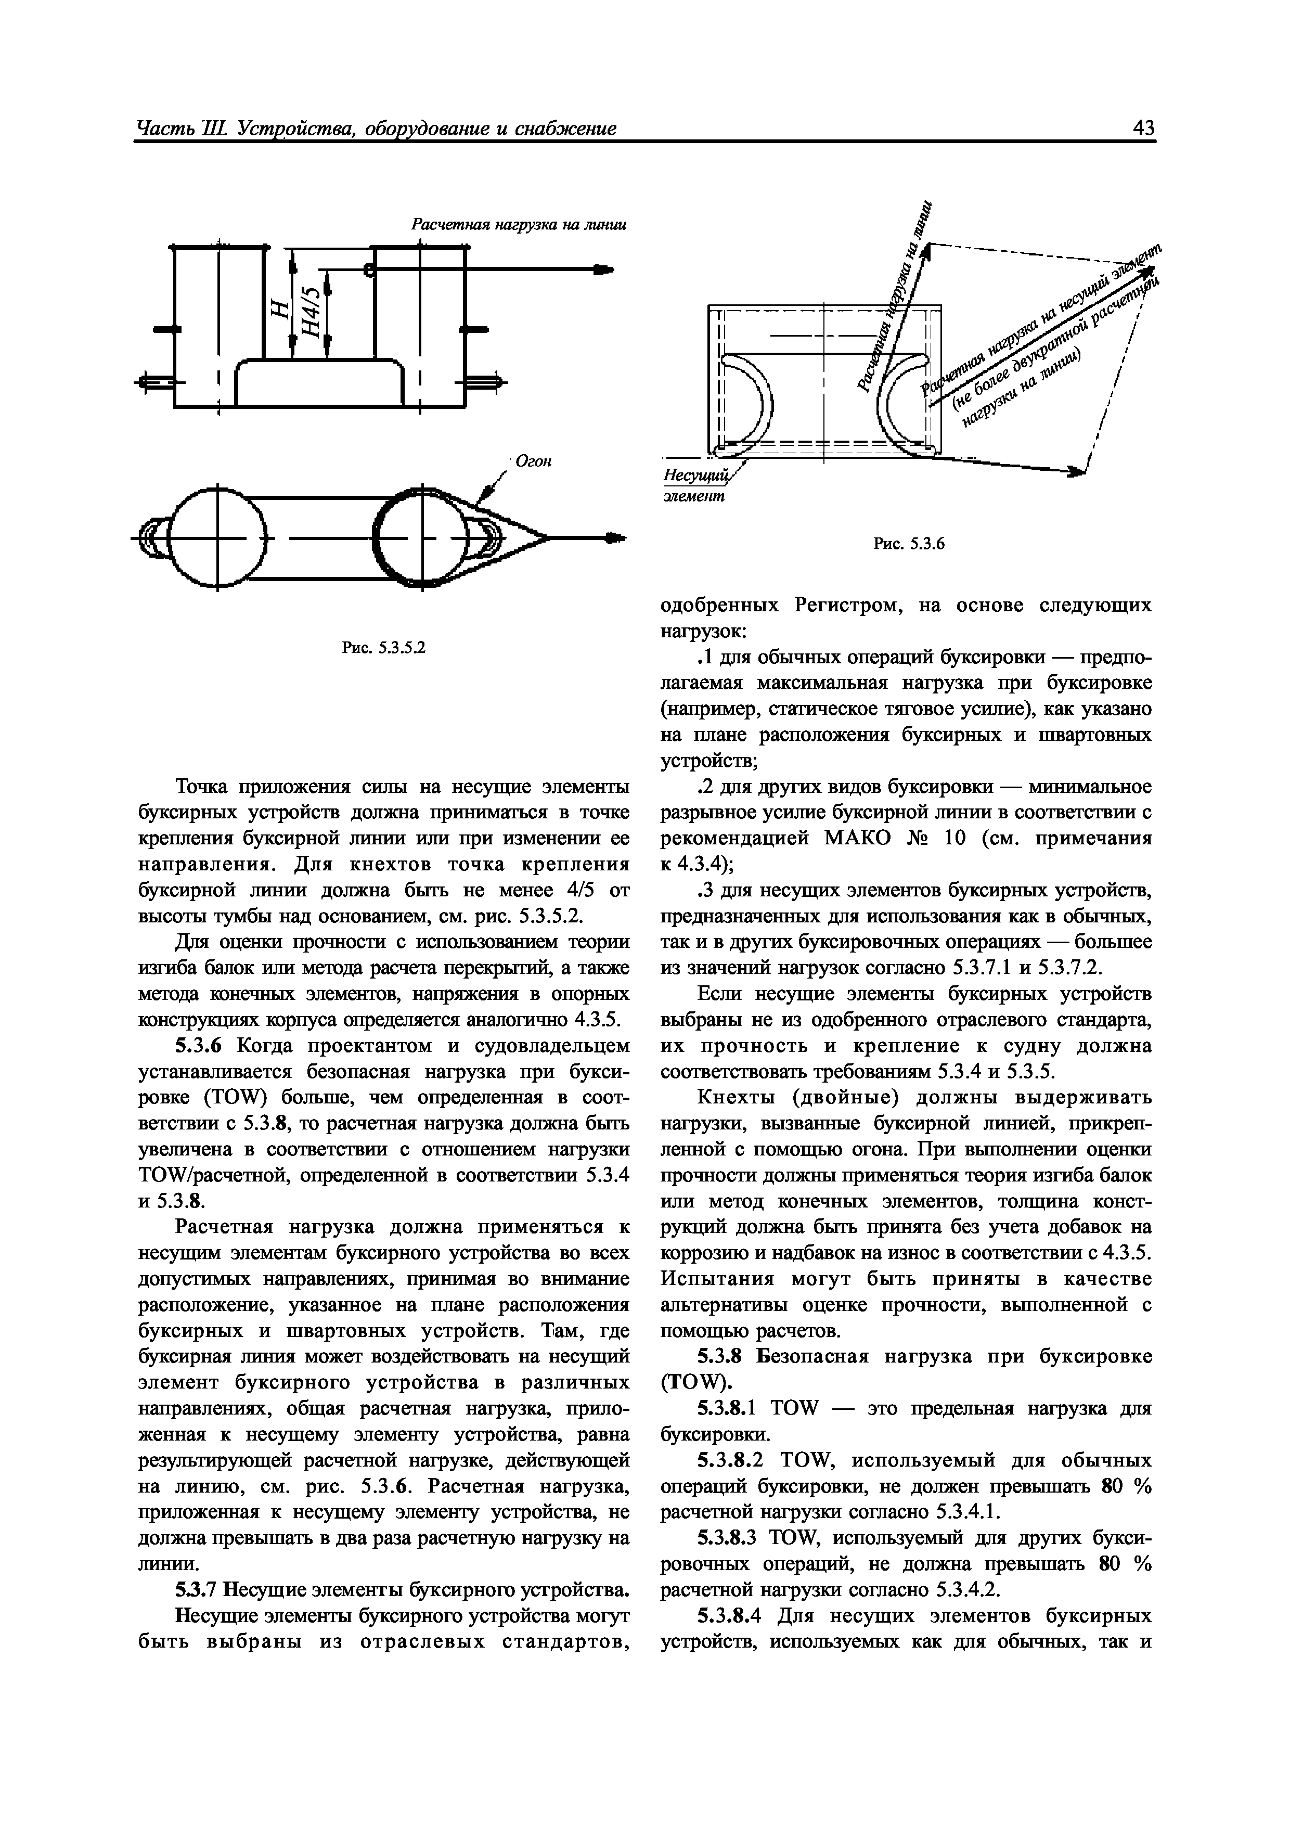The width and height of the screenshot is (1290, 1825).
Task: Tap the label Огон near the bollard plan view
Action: click(533, 460)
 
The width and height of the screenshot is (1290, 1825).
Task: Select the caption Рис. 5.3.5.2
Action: click(384, 648)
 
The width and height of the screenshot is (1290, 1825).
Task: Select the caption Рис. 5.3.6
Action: click(908, 544)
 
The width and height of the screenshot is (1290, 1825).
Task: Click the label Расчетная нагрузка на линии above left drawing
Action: click(518, 225)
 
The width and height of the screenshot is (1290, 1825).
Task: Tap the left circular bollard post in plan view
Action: click(215, 538)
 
